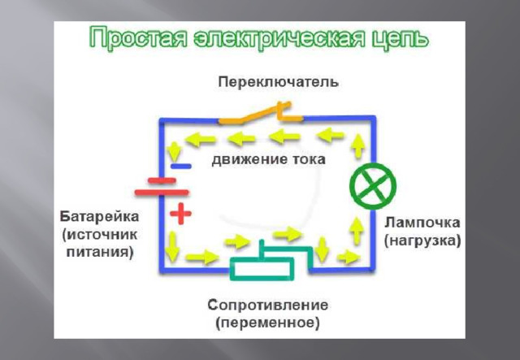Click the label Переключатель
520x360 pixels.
click(x=277, y=82)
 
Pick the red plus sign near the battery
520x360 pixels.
click(x=180, y=215)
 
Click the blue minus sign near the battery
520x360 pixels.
click(x=180, y=166)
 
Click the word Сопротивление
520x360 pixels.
click(x=267, y=306)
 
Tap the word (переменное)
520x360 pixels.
click(x=267, y=323)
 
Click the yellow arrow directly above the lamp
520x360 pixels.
click(x=358, y=147)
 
